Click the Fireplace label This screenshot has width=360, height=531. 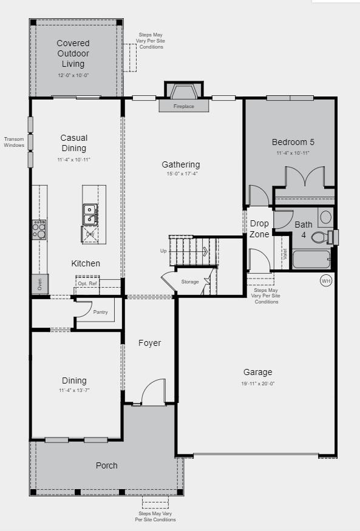[184, 107]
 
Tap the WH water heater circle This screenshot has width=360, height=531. [326, 280]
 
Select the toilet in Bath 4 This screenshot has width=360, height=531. [319, 237]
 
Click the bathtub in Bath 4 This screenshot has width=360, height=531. [311, 259]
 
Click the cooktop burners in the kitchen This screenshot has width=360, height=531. [39, 229]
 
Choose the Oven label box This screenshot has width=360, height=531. [39, 284]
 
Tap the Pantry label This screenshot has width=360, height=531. [101, 312]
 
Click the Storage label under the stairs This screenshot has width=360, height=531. [190, 282]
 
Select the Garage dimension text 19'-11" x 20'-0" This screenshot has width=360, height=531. [258, 384]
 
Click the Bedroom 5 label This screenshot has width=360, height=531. [293, 143]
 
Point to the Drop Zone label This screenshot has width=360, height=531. [259, 229]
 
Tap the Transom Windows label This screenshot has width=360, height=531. [14, 142]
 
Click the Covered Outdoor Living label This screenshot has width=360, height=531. [73, 53]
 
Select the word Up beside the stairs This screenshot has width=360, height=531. [163, 251]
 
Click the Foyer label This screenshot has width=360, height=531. [149, 343]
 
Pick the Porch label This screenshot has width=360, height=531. [107, 465]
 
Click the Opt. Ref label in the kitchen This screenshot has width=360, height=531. [87, 283]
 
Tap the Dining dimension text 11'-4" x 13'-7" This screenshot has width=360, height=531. [74, 390]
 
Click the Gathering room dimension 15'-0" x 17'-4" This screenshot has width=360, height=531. [180, 174]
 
